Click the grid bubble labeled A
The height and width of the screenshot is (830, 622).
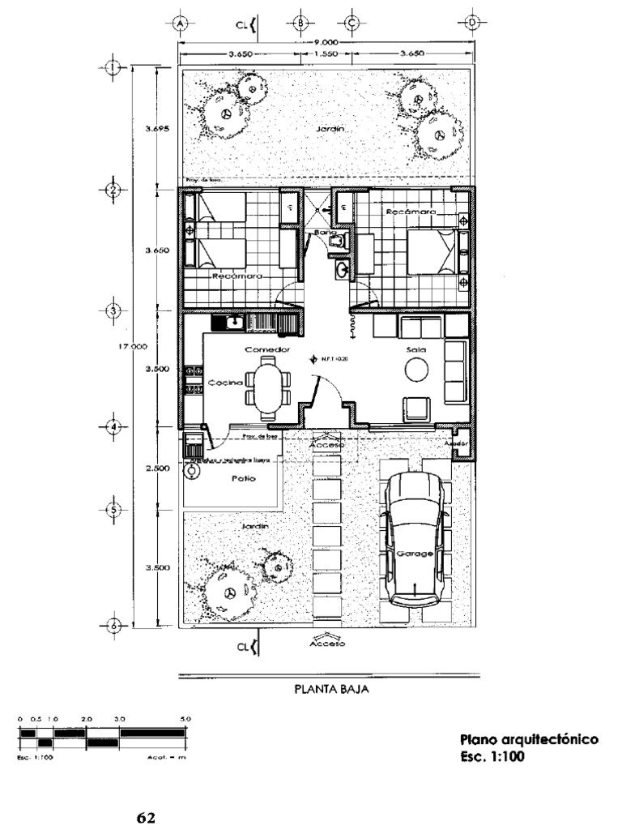click(180, 24)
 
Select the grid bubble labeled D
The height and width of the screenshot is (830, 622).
click(473, 24)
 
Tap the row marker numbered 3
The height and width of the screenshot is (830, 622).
click(113, 311)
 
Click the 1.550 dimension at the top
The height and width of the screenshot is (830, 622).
click(326, 54)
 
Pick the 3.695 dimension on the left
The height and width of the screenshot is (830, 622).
click(156, 128)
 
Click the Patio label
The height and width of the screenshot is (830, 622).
click(244, 478)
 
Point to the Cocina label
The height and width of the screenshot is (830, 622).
click(221, 382)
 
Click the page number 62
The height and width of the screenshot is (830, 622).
click(145, 816)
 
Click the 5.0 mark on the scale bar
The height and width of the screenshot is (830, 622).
click(185, 719)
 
